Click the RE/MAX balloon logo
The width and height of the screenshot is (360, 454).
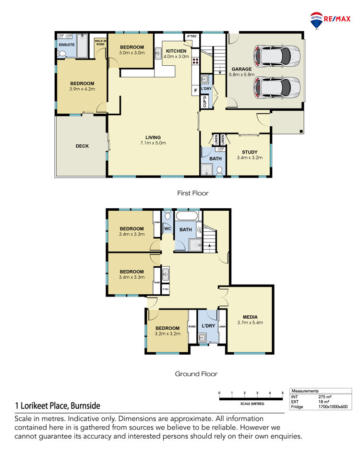tap(316, 20)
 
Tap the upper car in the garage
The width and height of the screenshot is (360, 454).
tap(277, 56)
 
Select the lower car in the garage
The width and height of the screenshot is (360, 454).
tap(277, 87)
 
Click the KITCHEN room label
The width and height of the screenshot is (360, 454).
tap(176, 51)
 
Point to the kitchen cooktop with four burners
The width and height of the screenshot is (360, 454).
tap(195, 61)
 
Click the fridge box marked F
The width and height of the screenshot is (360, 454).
tap(195, 90)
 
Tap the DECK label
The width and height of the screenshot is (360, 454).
tap(82, 146)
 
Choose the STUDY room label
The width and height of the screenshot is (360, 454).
tap(250, 152)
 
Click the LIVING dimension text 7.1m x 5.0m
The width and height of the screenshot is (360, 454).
tap(153, 143)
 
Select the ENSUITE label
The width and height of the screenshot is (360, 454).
tap(67, 45)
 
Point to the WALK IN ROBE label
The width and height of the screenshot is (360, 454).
tap(100, 43)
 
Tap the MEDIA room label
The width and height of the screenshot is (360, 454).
tap(250, 317)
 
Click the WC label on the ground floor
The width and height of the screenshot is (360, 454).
tap(168, 229)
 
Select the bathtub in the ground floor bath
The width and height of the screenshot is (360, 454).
tap(187, 216)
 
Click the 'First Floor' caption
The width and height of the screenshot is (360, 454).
tap(193, 193)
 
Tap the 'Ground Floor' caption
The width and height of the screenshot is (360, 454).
tap(196, 374)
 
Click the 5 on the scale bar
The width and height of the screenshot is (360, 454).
tap(282, 393)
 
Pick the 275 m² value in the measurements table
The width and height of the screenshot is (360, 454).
tap(325, 397)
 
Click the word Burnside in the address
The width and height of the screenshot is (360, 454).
tap(85, 406)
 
